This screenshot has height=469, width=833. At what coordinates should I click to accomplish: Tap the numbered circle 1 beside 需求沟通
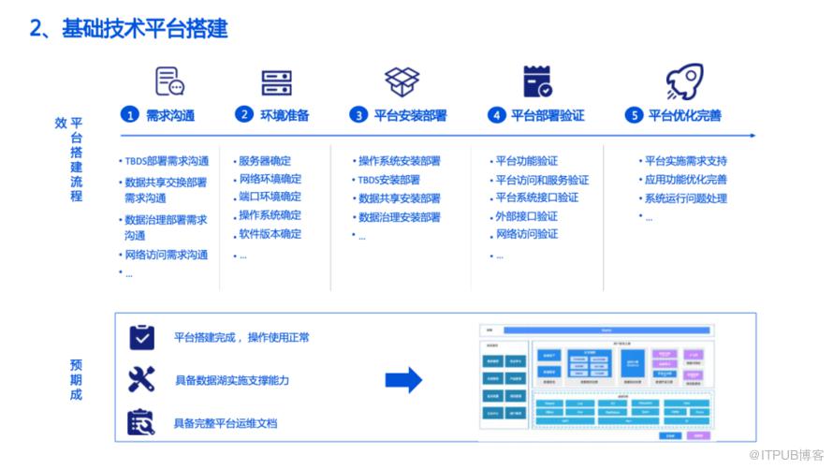tap(130, 115)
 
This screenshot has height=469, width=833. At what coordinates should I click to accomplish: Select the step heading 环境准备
tap(285, 115)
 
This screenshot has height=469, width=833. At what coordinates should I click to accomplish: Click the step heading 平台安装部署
tap(410, 115)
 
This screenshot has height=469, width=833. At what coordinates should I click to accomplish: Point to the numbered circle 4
tap(498, 115)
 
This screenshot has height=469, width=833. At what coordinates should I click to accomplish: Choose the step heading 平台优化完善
tap(685, 115)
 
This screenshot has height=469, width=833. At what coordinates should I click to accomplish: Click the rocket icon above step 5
tap(684, 81)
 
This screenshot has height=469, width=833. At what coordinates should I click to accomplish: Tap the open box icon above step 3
tap(402, 81)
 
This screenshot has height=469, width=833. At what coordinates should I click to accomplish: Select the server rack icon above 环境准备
tap(277, 82)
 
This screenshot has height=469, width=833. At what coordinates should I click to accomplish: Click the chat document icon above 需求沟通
tap(169, 81)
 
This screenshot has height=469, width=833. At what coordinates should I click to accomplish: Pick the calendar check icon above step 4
tap(537, 81)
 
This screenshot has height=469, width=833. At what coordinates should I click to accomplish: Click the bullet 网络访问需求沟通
tap(166, 255)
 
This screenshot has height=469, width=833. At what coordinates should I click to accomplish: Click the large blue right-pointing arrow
tap(403, 379)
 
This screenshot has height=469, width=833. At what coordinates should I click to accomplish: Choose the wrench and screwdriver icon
tap(141, 379)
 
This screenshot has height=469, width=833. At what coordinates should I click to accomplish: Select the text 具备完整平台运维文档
tap(226, 423)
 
